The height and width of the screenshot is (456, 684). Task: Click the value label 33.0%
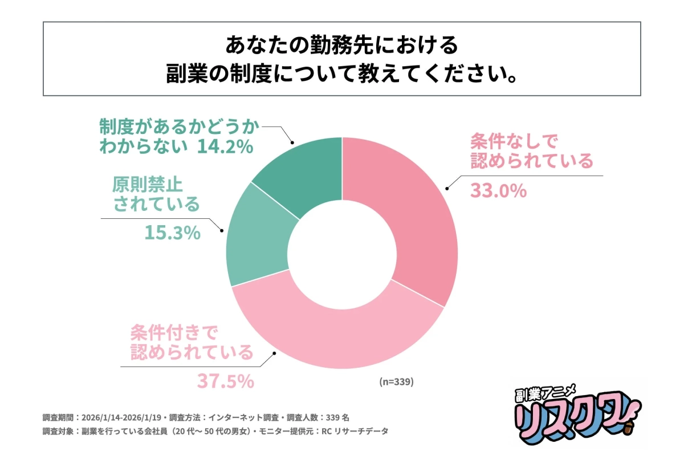[498, 191]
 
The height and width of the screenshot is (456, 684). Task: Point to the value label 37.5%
[225, 381]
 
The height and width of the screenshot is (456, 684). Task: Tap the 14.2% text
[224, 147]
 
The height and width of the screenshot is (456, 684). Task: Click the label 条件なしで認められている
[531, 150]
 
